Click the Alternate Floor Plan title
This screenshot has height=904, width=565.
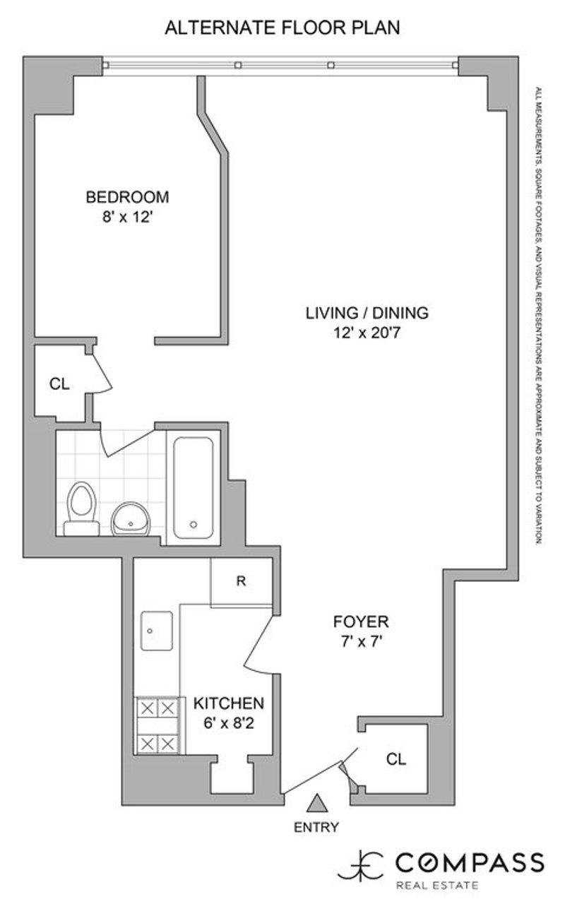click(282, 28)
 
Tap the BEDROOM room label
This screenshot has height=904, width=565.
click(128, 197)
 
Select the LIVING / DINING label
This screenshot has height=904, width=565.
click(367, 313)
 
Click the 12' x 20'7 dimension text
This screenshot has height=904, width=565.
click(367, 333)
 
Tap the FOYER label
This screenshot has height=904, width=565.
click(361, 621)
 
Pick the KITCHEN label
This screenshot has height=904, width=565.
click(229, 703)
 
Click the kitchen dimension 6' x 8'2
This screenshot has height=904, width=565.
click(229, 723)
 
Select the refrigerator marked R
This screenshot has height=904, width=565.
click(242, 581)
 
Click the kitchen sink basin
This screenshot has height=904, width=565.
click(157, 631)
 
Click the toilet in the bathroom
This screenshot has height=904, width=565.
click(81, 509)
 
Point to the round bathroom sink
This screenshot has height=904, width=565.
click(131, 519)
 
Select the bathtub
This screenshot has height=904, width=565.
click(194, 488)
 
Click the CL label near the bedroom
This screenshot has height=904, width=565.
click(60, 383)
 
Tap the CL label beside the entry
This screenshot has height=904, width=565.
click(396, 759)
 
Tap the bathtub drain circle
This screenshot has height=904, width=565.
click(194, 525)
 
